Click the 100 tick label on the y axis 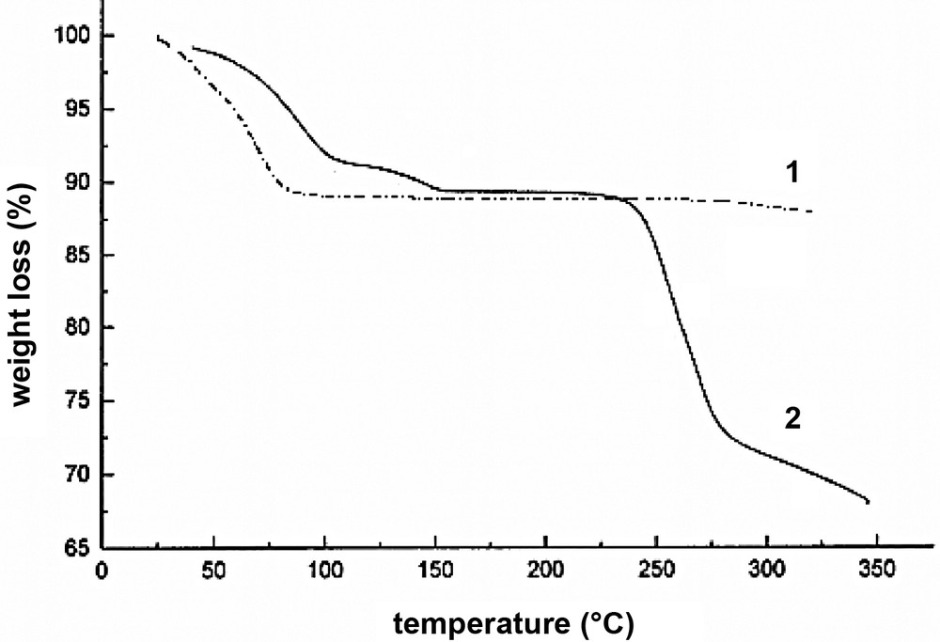(71, 36)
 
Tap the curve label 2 (791, 419)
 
